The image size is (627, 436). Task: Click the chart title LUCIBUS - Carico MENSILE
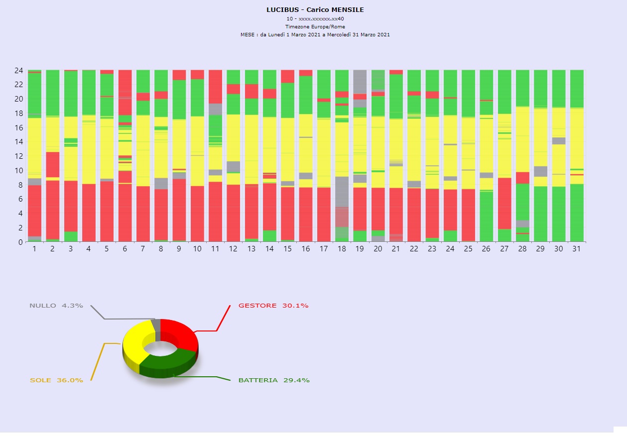315,10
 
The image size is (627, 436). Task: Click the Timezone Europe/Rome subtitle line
315,26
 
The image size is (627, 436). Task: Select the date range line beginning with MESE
315,35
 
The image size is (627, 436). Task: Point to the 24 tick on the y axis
18,70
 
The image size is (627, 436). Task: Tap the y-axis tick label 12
18,156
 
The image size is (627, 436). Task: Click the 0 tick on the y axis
20,242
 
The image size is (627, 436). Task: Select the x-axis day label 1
34,249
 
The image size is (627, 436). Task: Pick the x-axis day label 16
305,249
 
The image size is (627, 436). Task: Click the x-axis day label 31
576,249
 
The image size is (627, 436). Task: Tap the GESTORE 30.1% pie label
273,306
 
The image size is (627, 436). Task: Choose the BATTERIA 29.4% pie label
274,380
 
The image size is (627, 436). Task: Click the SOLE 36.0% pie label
56,380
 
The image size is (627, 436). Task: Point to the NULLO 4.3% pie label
56,306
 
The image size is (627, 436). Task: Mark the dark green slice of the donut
167,366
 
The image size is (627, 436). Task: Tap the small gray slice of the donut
156,325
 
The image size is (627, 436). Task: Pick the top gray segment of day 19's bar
360,80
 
